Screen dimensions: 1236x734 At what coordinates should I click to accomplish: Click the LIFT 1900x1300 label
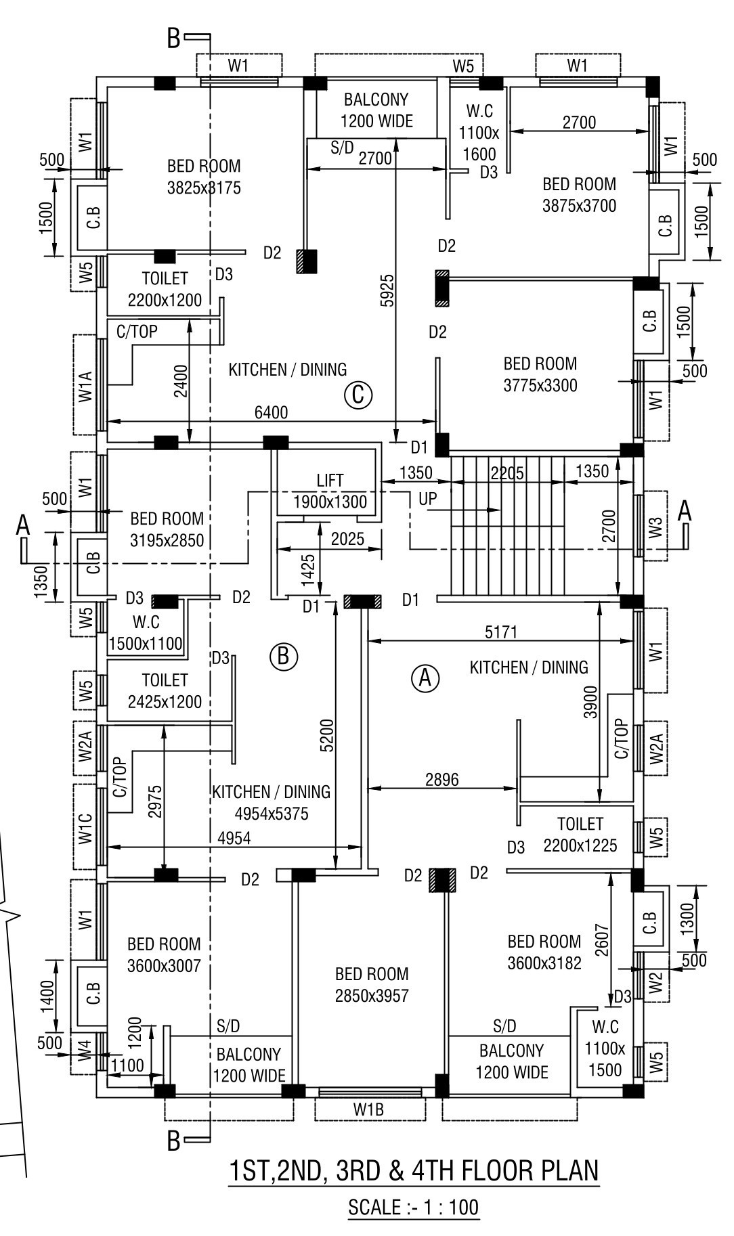330,491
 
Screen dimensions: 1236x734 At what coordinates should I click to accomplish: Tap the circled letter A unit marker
426,678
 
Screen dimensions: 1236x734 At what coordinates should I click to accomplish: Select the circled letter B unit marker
284,656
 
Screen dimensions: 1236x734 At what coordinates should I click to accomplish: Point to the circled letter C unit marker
358,395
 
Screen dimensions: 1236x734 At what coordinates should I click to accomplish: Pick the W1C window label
85,826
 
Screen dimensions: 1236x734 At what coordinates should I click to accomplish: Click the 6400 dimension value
271,412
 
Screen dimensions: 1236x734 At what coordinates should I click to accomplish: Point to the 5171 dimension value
501,632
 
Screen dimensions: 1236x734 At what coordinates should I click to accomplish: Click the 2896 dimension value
441,779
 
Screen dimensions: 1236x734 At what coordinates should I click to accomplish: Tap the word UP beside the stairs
428,499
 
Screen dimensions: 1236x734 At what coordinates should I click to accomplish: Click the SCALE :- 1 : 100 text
413,1207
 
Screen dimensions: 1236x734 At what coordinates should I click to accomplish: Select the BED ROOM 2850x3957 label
372,985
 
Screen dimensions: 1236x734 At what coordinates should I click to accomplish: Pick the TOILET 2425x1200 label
165,690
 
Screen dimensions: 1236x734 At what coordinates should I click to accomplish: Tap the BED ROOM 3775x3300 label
540,374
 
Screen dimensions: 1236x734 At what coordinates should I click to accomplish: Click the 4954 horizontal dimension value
234,838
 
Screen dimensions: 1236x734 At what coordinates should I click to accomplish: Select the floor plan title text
414,1170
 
